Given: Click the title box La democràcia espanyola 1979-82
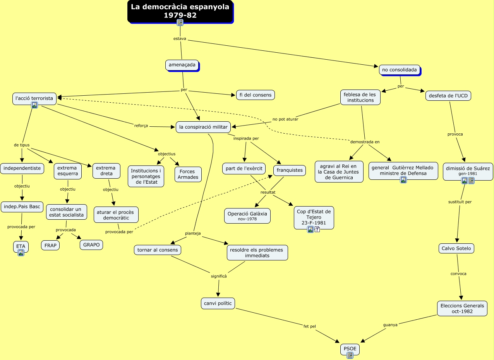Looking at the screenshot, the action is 180,11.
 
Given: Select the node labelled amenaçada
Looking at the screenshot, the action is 182,65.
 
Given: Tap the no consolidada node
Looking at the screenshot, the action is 400,70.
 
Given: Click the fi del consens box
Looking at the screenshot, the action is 256,95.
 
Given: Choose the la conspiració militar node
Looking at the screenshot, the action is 203,127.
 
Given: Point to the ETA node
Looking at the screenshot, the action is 21,246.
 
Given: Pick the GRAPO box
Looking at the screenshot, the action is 91,245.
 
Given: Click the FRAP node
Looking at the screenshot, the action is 50,245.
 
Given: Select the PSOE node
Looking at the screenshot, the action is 350,349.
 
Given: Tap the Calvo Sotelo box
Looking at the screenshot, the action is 456,248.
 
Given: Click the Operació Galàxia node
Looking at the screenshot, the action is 247,216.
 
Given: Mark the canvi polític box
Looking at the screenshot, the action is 218,303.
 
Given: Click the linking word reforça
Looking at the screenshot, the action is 141,126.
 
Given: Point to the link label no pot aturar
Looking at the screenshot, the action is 285,119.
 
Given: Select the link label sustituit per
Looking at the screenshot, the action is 460,202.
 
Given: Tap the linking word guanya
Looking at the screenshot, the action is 390,325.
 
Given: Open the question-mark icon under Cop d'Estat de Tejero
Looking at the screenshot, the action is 317,229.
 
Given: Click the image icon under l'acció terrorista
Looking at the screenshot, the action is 34,105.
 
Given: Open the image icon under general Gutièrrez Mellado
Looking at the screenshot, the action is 403,180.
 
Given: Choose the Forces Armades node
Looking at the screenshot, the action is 188,174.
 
